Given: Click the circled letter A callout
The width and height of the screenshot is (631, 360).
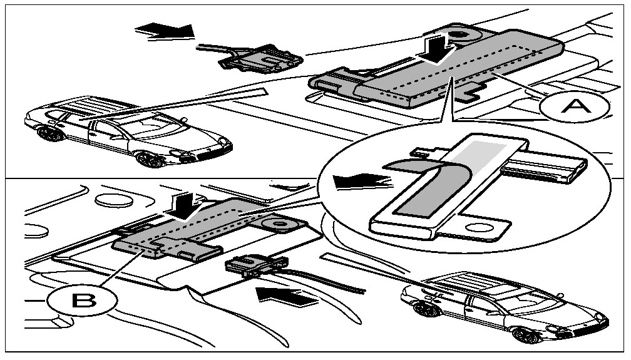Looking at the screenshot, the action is click(x=574, y=108).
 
